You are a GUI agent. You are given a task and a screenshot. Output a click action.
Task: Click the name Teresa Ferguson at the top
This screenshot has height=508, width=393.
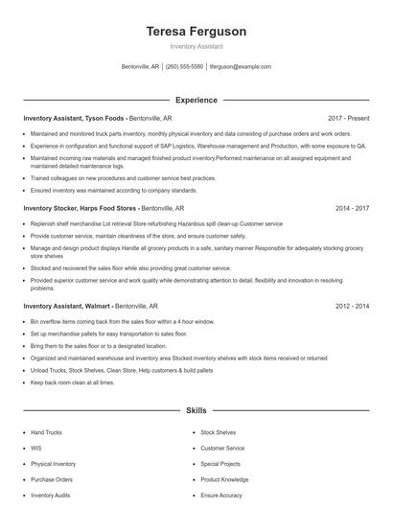click(196, 31)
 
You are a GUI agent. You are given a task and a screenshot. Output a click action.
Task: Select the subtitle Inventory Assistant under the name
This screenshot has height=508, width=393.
click(196, 46)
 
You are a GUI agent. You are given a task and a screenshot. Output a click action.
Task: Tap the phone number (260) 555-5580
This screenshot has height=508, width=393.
click(184, 67)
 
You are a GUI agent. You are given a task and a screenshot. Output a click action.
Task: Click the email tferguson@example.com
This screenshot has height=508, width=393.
click(240, 67)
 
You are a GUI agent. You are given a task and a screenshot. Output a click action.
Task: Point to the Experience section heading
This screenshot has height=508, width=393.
click(196, 100)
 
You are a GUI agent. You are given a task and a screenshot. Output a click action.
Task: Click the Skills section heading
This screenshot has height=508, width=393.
click(196, 410)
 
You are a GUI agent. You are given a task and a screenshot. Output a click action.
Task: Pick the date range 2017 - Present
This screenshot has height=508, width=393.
click(348, 118)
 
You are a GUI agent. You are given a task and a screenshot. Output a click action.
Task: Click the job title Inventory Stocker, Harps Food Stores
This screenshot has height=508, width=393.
click(81, 207)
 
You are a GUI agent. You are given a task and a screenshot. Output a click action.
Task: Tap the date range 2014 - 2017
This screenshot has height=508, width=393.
click(352, 207)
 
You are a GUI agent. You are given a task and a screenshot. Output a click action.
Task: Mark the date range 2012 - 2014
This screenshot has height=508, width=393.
click(352, 306)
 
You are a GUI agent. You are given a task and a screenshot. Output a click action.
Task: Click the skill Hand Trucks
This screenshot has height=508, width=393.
click(45, 432)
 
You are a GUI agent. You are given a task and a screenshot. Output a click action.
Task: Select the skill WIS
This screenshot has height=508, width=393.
click(35, 448)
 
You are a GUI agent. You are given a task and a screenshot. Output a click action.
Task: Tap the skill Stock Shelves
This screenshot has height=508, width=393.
click(218, 432)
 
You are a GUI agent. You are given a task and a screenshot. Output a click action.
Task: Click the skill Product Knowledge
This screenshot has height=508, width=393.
click(224, 479)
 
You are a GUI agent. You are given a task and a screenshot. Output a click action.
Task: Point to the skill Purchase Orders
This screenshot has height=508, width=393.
click(51, 479)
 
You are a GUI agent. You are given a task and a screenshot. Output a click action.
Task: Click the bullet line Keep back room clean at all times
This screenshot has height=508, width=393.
click(72, 382)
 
